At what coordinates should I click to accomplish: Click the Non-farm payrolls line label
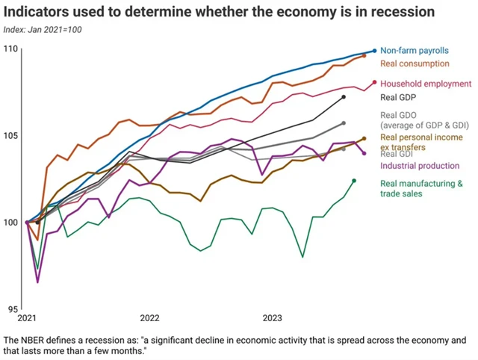414,50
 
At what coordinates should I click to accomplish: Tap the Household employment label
426,84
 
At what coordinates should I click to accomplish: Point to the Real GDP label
397,97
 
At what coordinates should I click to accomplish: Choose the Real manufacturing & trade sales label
421,188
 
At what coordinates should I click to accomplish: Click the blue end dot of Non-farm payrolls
374,50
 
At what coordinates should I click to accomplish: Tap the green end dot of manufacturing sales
354,181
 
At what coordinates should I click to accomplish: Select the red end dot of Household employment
374,83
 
